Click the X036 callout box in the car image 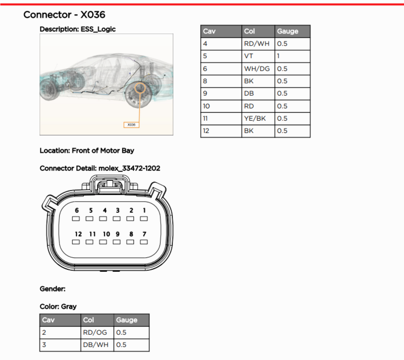click(x=132, y=125)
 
